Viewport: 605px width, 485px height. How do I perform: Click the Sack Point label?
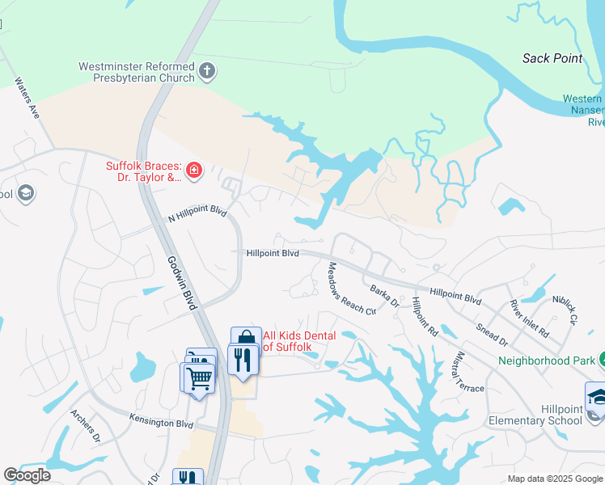pyautogui.click(x=552, y=58)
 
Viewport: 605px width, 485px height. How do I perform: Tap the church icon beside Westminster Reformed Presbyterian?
pyautogui.click(x=207, y=72)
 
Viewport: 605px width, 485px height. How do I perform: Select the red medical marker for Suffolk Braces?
pyautogui.click(x=193, y=170)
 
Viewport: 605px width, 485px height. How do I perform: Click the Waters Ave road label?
pyautogui.click(x=27, y=99)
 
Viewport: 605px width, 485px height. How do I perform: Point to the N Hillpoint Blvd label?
pyautogui.click(x=197, y=215)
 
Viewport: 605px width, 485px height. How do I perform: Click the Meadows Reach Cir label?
pyautogui.click(x=351, y=289)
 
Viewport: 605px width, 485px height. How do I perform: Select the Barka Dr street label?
pyautogui.click(x=384, y=295)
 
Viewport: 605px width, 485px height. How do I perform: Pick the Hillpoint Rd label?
pyautogui.click(x=424, y=318)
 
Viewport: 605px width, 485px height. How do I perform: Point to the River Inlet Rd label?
pyautogui.click(x=529, y=318)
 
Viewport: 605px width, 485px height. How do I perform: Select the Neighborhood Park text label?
pyautogui.click(x=546, y=361)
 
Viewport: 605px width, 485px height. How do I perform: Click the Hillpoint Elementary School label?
pyautogui.click(x=535, y=415)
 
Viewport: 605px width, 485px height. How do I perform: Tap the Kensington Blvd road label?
pyautogui.click(x=162, y=421)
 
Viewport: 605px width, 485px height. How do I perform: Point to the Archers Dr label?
pyautogui.click(x=85, y=426)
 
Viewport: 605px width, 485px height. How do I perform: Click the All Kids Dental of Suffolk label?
pyautogui.click(x=287, y=341)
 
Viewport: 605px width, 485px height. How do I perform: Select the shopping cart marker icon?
pyautogui.click(x=198, y=377)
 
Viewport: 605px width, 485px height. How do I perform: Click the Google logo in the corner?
pyautogui.click(x=27, y=475)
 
